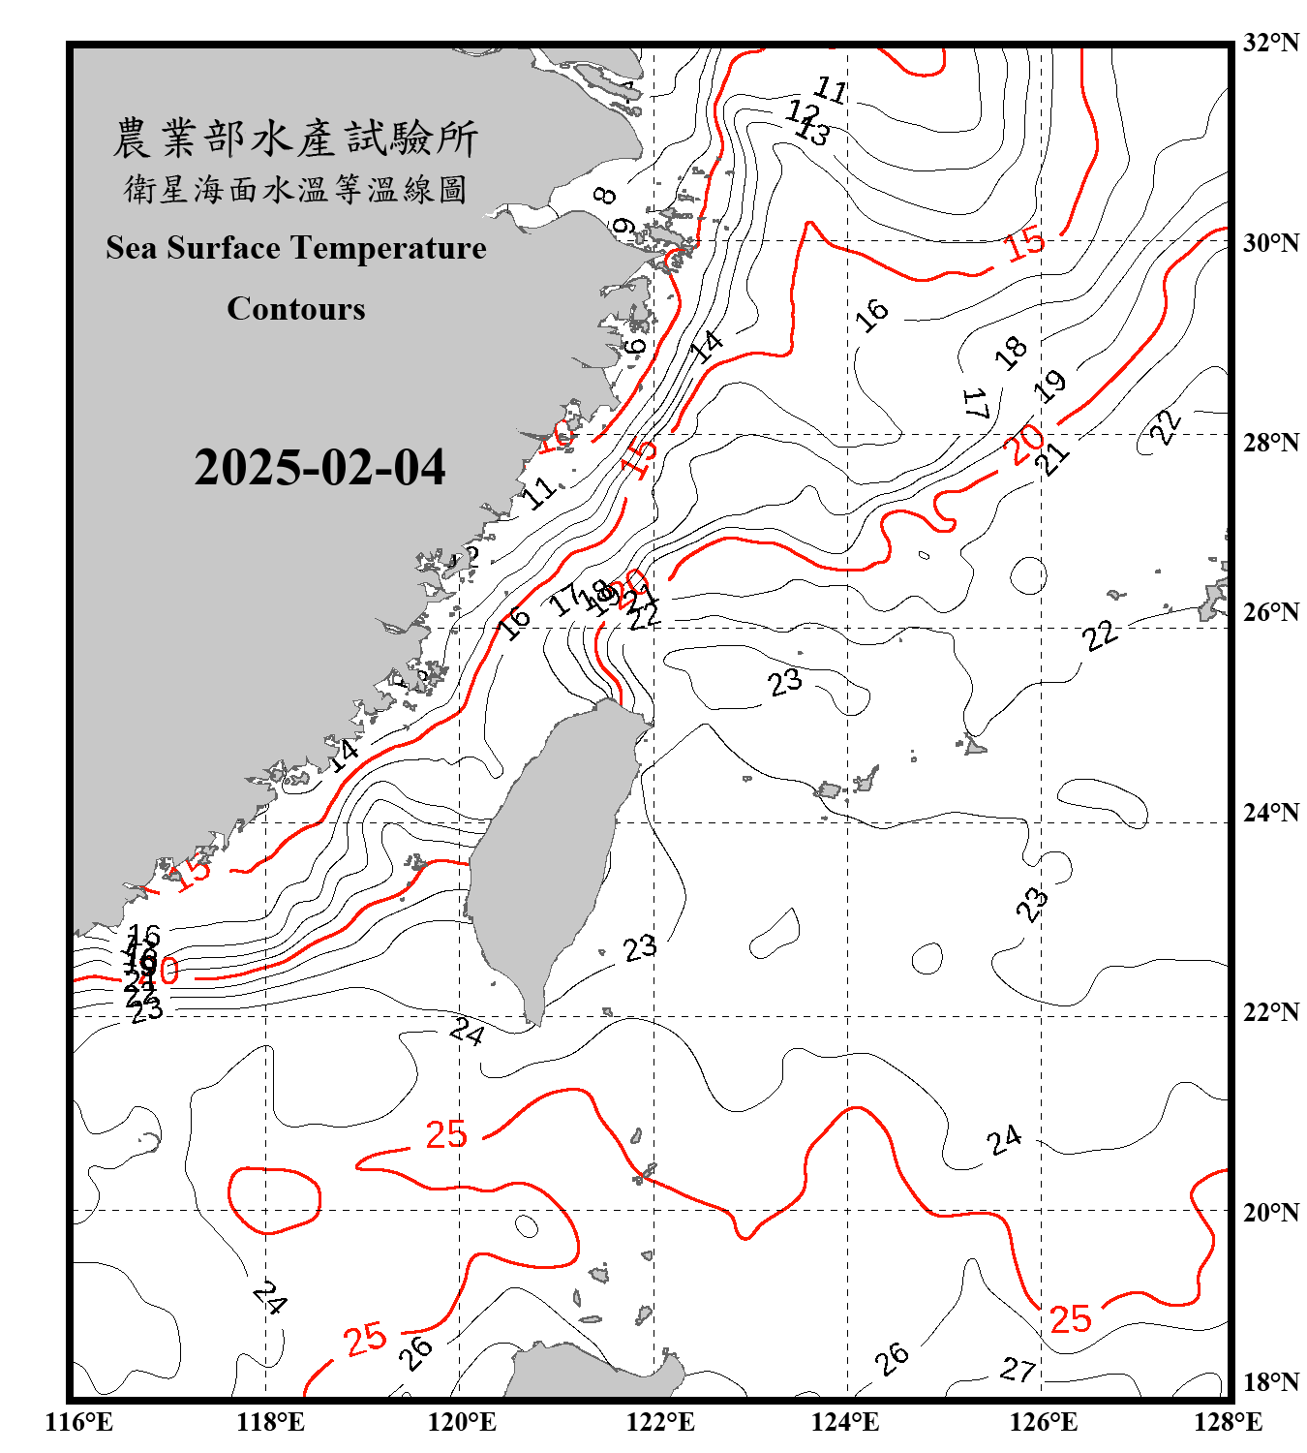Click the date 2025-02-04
pos(319,468)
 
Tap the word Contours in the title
pos(296,309)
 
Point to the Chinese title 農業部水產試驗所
pos(295,139)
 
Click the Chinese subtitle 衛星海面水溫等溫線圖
pos(295,189)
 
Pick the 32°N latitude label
pos(1270,43)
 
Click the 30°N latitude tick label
pos(1270,242)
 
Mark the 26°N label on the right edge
pos(1270,612)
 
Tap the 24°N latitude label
pos(1270,812)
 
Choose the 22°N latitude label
pos(1270,1012)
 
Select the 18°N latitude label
pos(1270,1382)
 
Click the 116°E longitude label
pos(79,1422)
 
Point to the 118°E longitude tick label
pos(270,1422)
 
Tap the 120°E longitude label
pos(462,1422)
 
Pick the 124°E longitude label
pos(845,1422)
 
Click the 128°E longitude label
pos(1228,1422)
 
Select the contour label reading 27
pos(1018,1370)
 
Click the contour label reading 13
pos(813,132)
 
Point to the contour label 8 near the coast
pos(605,196)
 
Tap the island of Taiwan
pos(547,852)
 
